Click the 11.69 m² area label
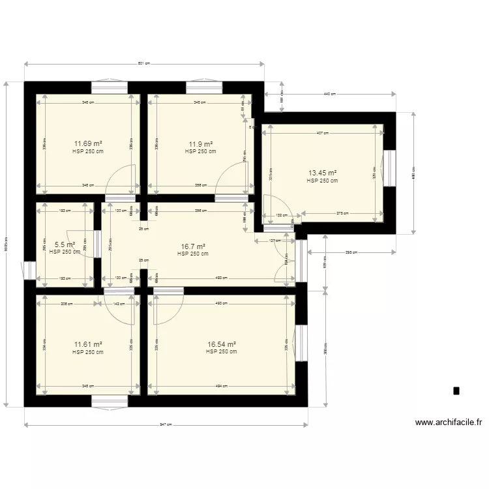(88, 144)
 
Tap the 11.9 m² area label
(200, 144)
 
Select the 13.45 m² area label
(322, 173)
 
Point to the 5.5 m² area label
(65, 245)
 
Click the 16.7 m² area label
(193, 247)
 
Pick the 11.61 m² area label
(88, 345)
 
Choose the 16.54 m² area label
(221, 345)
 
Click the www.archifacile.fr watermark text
(449, 422)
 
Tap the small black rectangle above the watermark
(456, 391)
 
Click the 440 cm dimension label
(329, 95)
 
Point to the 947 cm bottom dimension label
(166, 425)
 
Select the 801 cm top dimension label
(144, 64)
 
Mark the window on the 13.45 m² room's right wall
(390, 168)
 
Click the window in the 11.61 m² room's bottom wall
(110, 400)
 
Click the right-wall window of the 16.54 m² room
(301, 342)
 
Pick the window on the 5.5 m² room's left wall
(30, 271)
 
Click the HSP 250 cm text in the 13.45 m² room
(322, 181)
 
